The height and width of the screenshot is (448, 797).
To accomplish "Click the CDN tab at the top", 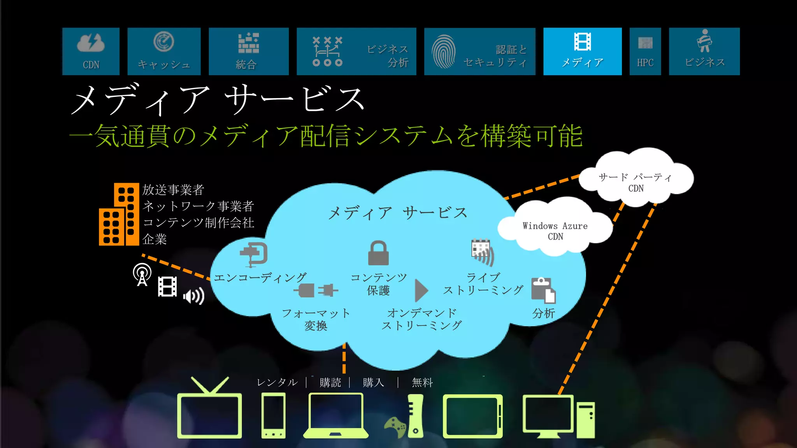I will point(91,51).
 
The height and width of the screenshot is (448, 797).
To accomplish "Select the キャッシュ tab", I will point(164,51).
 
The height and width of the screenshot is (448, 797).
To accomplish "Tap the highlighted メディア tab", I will point(582,51).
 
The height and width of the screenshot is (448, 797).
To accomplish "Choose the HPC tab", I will point(645,51).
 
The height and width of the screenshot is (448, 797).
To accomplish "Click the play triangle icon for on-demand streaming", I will point(421,290).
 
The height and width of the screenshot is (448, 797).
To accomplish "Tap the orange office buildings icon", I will point(119,214).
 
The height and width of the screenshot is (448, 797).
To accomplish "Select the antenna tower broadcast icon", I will point(142,275).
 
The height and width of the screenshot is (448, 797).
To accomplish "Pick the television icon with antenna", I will point(209,408).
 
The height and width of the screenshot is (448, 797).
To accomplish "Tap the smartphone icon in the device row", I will point(273,415).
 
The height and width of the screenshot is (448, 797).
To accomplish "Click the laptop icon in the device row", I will point(335,415).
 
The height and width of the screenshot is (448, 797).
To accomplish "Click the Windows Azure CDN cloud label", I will point(555,231).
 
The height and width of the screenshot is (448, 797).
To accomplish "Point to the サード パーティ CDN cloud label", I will point(635,182).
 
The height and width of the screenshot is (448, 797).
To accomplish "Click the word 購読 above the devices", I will point(330,383).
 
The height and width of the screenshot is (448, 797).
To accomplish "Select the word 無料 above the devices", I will point(422,383).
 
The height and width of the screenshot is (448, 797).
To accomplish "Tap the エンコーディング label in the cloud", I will point(260,278).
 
